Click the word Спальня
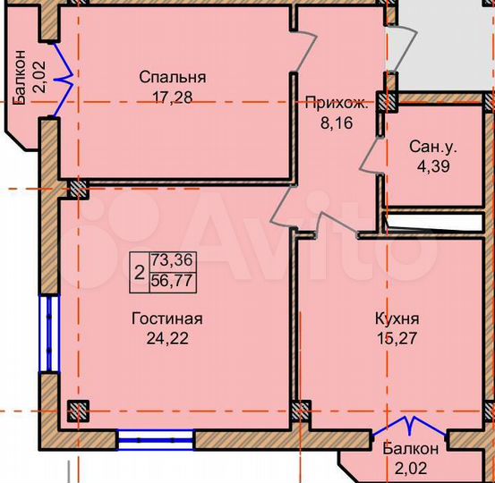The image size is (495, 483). [x=172, y=77]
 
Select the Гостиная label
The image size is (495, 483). [x=166, y=318]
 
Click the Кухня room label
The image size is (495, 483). [x=397, y=318]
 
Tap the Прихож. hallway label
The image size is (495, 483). [x=336, y=102]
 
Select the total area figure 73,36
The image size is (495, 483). [x=172, y=259]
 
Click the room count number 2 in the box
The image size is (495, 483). [x=140, y=270]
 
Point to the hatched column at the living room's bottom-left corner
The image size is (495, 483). [x=79, y=411]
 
